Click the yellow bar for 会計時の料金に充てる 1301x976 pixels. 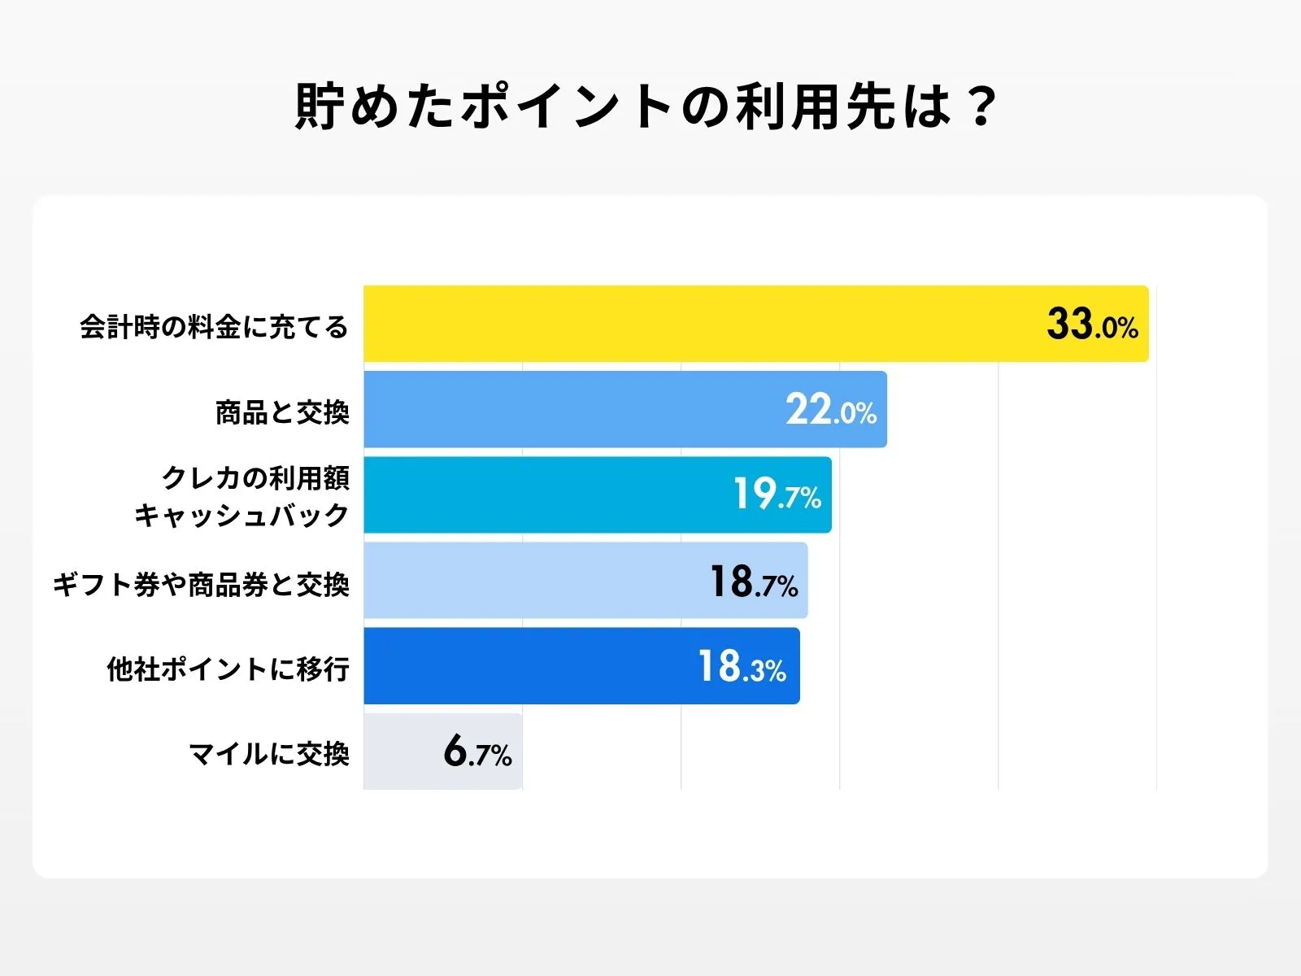click(x=699, y=324)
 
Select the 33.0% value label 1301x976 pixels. click(x=1092, y=324)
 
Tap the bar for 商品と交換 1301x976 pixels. click(x=569, y=409)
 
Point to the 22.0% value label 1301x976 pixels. click(x=830, y=410)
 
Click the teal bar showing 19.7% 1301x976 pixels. click(x=545, y=495)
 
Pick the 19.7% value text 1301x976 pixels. click(x=777, y=495)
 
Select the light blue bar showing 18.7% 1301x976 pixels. click(x=529, y=580)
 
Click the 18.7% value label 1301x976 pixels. click(x=754, y=582)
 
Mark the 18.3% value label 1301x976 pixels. click(x=742, y=666)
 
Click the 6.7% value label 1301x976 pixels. click(x=477, y=752)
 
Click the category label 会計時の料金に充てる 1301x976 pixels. click(x=214, y=327)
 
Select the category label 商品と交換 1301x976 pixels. click(x=282, y=412)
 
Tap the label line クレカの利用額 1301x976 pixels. click(x=255, y=477)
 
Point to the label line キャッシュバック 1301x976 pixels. click(x=241, y=515)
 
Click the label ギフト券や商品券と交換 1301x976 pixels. click(x=201, y=584)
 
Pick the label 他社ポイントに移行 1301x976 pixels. click(x=228, y=669)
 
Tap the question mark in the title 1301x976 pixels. click(x=982, y=107)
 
